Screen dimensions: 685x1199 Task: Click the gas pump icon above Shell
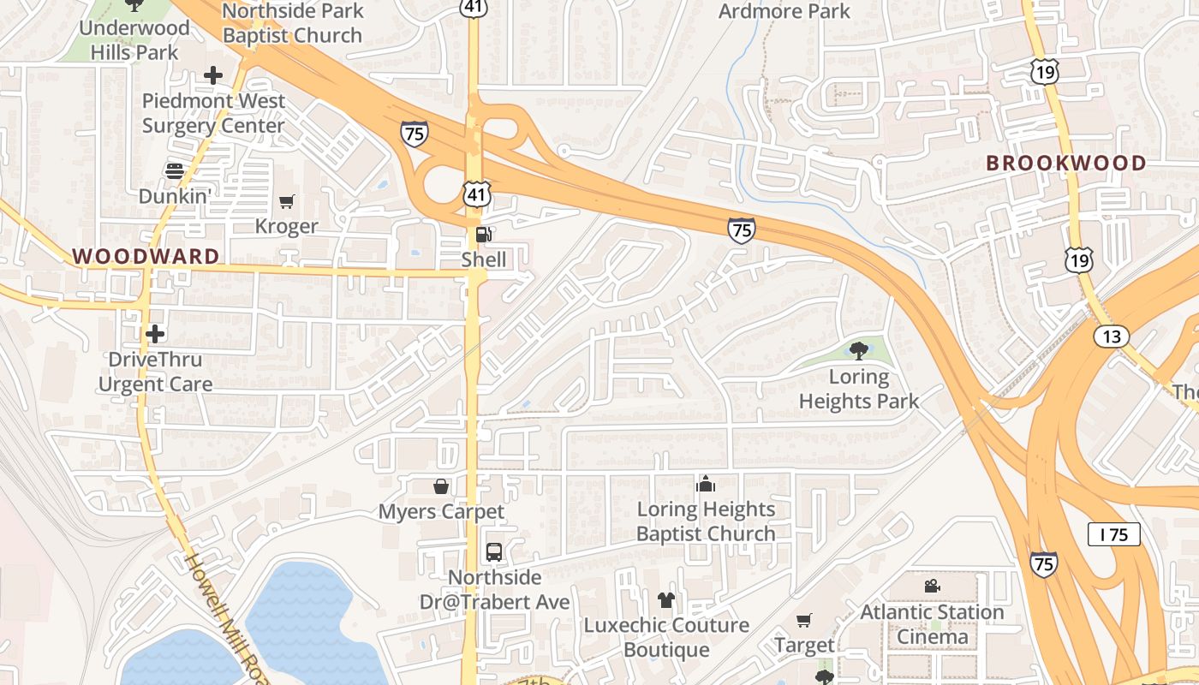483,235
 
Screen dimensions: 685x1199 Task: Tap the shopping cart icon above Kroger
287,202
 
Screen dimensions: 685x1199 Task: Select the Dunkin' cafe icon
175,171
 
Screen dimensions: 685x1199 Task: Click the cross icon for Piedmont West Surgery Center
213,75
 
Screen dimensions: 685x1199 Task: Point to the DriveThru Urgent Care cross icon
155,333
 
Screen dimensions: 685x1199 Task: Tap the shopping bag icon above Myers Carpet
441,486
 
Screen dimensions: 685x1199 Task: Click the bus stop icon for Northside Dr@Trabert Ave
494,552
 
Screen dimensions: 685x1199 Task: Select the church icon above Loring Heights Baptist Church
706,485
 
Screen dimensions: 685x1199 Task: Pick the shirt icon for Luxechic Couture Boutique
666,600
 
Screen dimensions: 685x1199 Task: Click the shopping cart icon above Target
804,620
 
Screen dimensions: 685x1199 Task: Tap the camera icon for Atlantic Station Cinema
932,587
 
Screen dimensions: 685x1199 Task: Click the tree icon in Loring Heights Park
859,350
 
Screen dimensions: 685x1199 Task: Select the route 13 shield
1111,337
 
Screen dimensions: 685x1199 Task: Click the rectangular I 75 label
1114,535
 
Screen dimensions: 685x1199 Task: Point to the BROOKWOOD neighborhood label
1066,163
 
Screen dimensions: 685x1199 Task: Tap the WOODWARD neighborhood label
146,256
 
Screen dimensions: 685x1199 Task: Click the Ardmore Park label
784,11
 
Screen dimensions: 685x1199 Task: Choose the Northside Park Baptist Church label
293,24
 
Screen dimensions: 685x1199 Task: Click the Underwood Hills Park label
134,39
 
